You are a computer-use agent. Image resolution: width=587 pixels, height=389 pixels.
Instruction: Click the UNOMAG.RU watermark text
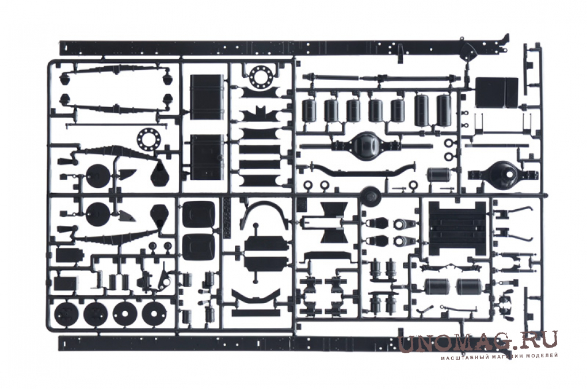pos(478,342)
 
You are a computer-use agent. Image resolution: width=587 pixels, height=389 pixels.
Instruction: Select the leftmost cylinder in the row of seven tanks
pos(309,111)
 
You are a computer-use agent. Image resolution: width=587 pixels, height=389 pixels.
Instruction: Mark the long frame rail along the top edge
pos(284,48)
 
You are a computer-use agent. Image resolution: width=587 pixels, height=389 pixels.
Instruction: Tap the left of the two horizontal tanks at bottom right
pos(438,286)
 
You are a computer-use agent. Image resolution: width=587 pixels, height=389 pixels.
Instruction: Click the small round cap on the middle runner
pos(371,195)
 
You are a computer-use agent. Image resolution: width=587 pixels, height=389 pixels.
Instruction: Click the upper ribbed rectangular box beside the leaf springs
pos(207,97)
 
